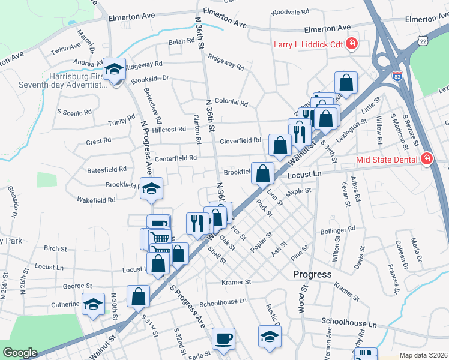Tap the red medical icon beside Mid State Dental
[426, 159]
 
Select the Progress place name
[312, 274]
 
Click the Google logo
[20, 353]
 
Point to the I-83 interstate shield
[397, 76]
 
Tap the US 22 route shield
[424, 41]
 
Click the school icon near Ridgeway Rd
[113, 70]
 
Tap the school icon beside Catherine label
[93, 304]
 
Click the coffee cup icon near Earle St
[224, 338]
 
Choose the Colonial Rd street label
[231, 103]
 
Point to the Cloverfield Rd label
[240, 140]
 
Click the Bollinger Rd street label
[338, 230]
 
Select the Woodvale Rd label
[289, 12]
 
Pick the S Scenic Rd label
[74, 112]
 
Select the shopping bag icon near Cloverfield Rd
[280, 145]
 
